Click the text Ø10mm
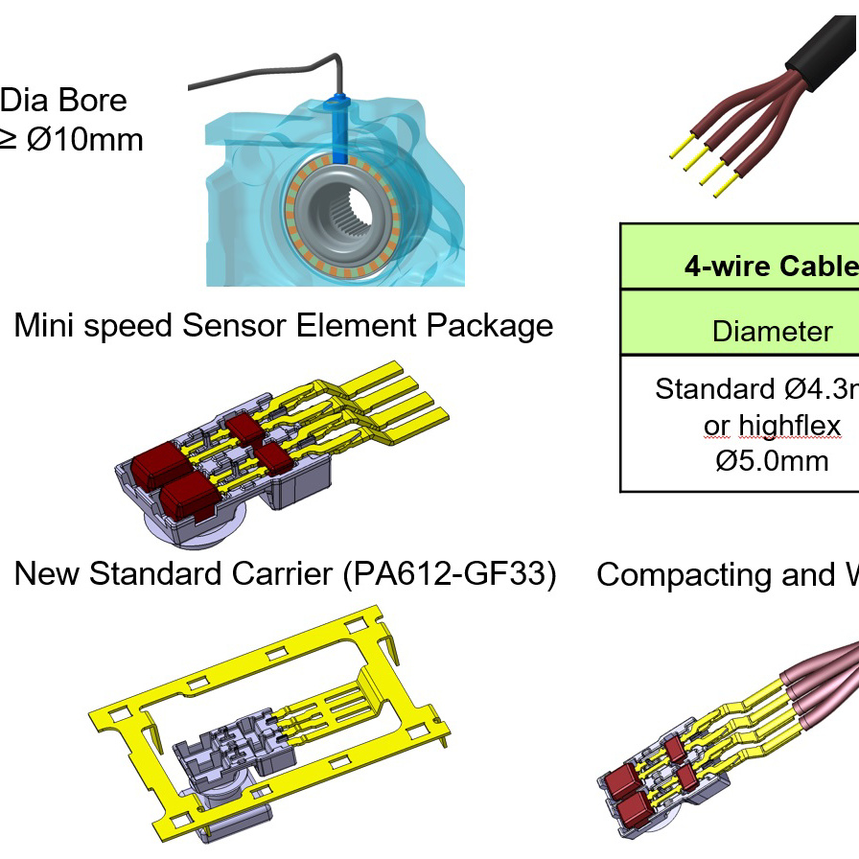pyautogui.click(x=83, y=140)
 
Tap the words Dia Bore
pyautogui.click(x=63, y=100)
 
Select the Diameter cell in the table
pyautogui.click(x=773, y=332)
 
